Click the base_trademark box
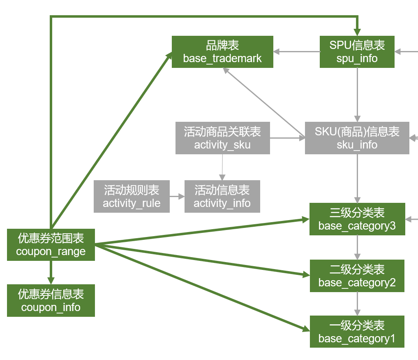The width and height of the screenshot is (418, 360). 222,52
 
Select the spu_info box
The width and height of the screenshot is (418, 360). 357,52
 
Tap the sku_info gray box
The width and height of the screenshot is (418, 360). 357,138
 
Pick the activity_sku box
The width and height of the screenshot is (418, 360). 222,138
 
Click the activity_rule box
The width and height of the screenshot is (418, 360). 132,196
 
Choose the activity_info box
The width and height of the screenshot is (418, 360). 222,196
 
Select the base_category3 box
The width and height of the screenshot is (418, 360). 357,219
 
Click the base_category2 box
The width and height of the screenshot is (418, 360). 357,276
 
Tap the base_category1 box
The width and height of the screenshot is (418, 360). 357,332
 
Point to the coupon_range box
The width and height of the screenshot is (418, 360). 51,245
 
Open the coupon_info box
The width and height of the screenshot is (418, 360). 51,300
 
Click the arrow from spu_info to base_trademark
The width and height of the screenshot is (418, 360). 297,52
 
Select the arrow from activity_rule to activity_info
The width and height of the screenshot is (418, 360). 177,197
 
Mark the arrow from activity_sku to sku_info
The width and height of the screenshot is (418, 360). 287,138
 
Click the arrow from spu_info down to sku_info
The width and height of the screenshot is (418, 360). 357,95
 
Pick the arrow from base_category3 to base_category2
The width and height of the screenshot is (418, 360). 357,247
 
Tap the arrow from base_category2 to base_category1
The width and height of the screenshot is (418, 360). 357,304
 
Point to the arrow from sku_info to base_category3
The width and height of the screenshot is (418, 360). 357,179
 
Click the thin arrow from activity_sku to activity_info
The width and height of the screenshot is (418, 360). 222,167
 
